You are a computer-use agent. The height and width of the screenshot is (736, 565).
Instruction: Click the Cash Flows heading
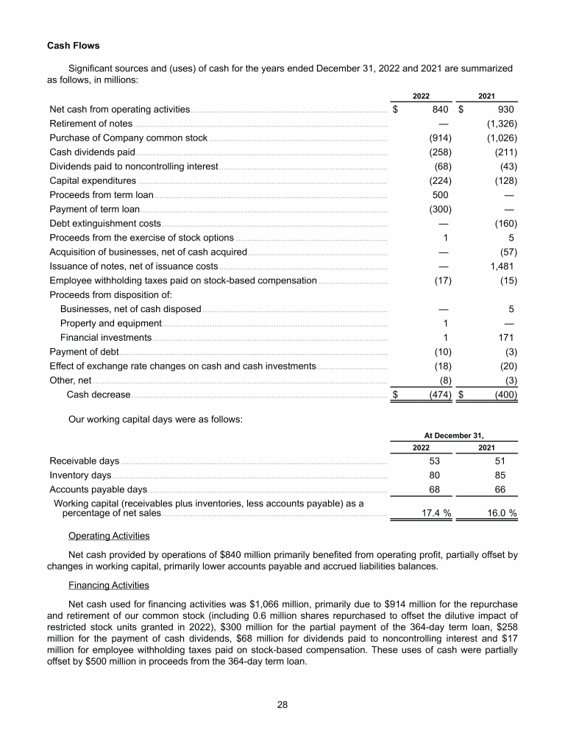click(73, 46)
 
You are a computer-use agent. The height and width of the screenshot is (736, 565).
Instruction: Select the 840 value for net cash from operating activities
click(441, 109)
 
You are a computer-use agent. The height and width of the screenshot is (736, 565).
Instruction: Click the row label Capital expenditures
click(93, 180)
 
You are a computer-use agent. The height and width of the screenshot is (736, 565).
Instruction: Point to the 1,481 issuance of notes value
click(502, 266)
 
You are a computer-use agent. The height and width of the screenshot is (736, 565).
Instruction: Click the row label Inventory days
click(80, 475)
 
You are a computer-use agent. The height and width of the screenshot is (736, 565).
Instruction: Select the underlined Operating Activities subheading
click(109, 535)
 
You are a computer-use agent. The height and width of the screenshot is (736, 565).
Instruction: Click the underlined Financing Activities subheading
click(109, 585)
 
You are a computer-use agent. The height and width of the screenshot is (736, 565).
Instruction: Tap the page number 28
click(282, 704)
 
